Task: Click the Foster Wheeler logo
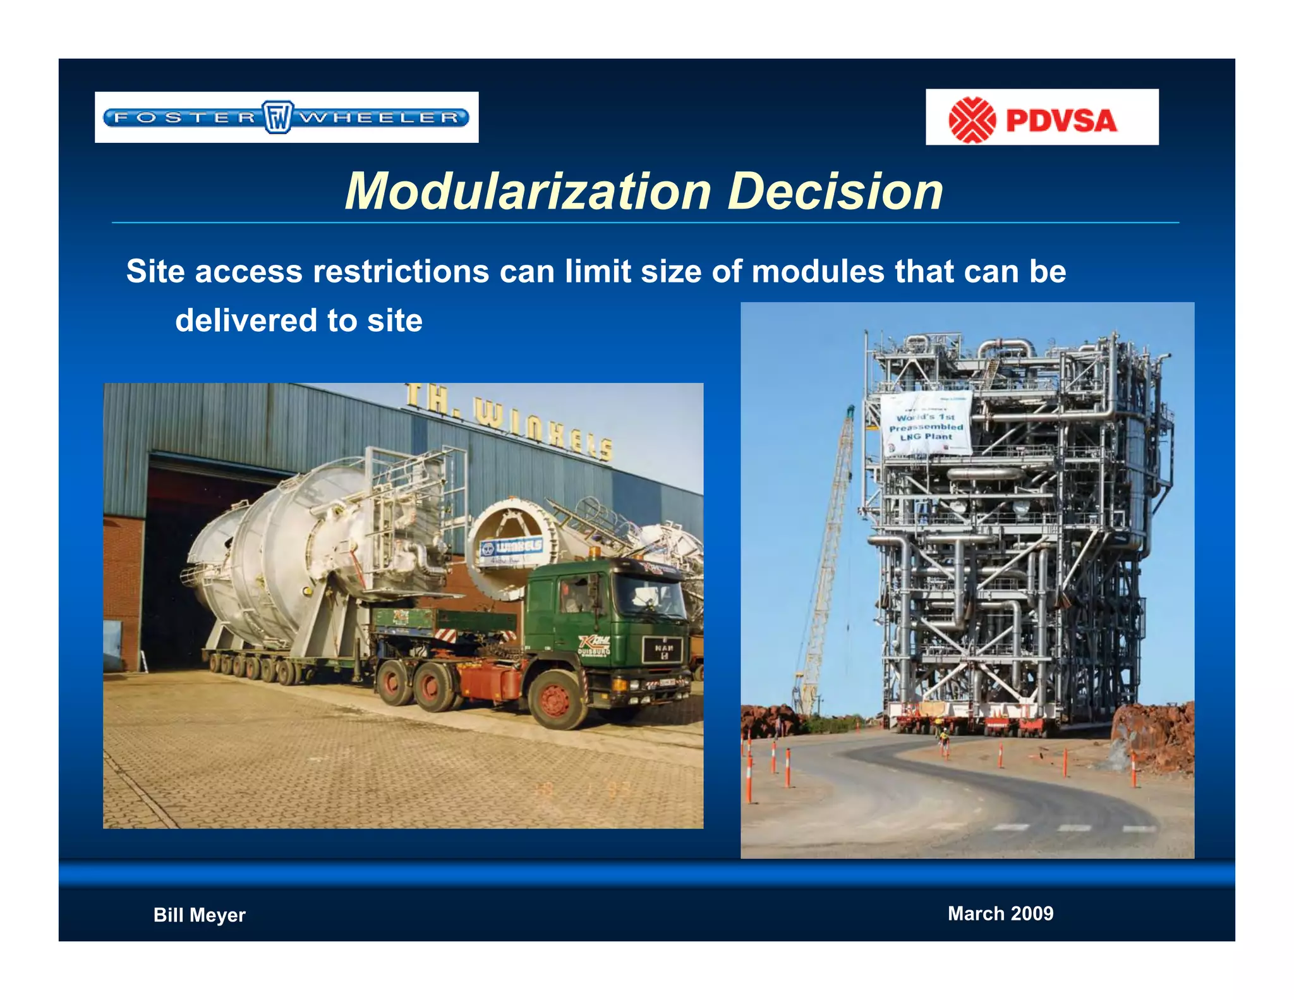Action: [x=286, y=117]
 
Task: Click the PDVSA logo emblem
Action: [x=972, y=119]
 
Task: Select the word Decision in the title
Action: [x=835, y=191]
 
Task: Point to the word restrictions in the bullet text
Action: [x=401, y=272]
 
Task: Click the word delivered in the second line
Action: [x=246, y=320]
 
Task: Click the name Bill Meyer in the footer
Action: [x=199, y=915]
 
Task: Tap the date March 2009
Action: [x=1000, y=913]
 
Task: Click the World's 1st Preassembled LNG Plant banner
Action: [x=926, y=423]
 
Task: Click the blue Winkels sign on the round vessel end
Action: [x=511, y=547]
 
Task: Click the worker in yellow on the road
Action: [x=944, y=739]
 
